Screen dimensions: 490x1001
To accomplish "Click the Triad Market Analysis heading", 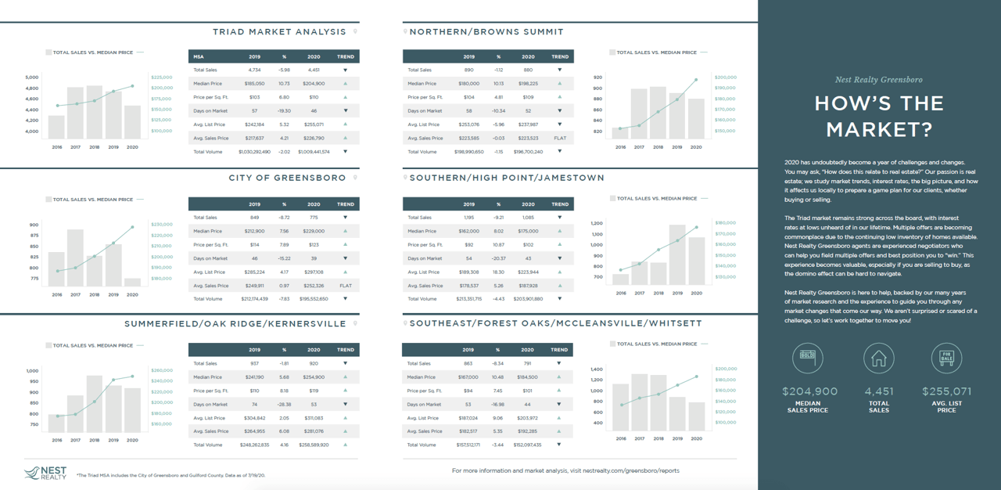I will click(279, 32).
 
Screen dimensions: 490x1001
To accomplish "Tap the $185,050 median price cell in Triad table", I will click(254, 84).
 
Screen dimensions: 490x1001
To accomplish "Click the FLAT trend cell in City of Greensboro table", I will click(345, 286).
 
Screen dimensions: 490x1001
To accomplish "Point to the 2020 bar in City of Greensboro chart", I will click(132, 283).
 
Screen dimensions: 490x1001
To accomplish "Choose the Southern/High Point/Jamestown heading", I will click(507, 178).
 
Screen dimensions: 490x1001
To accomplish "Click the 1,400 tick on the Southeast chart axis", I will click(597, 369).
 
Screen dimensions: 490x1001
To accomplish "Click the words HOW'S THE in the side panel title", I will click(879, 104).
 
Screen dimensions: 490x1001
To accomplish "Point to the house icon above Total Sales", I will click(878, 358).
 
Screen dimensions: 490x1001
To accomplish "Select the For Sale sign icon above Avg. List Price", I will click(946, 358).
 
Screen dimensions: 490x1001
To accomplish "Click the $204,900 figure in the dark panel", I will click(809, 391).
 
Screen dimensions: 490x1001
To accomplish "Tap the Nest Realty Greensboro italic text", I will click(879, 80).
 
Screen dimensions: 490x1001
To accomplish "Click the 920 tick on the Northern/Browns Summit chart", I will click(597, 77).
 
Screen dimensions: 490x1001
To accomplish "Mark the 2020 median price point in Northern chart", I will click(696, 80).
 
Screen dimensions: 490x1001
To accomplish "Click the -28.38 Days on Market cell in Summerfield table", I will click(285, 405).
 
